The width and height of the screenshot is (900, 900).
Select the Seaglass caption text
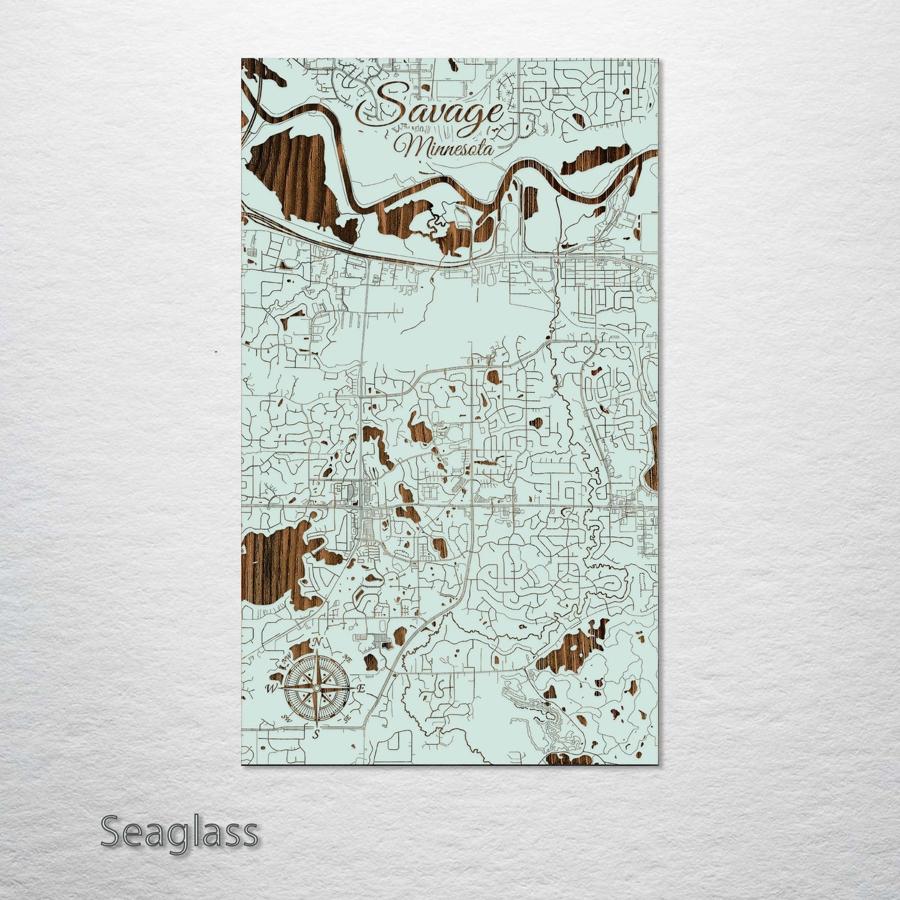[x=179, y=832]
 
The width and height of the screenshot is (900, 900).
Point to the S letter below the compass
[x=316, y=734]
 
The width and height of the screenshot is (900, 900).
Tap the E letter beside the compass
[x=361, y=689]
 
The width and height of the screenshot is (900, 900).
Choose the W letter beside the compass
[x=272, y=688]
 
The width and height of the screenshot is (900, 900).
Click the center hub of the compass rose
[x=316, y=688]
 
